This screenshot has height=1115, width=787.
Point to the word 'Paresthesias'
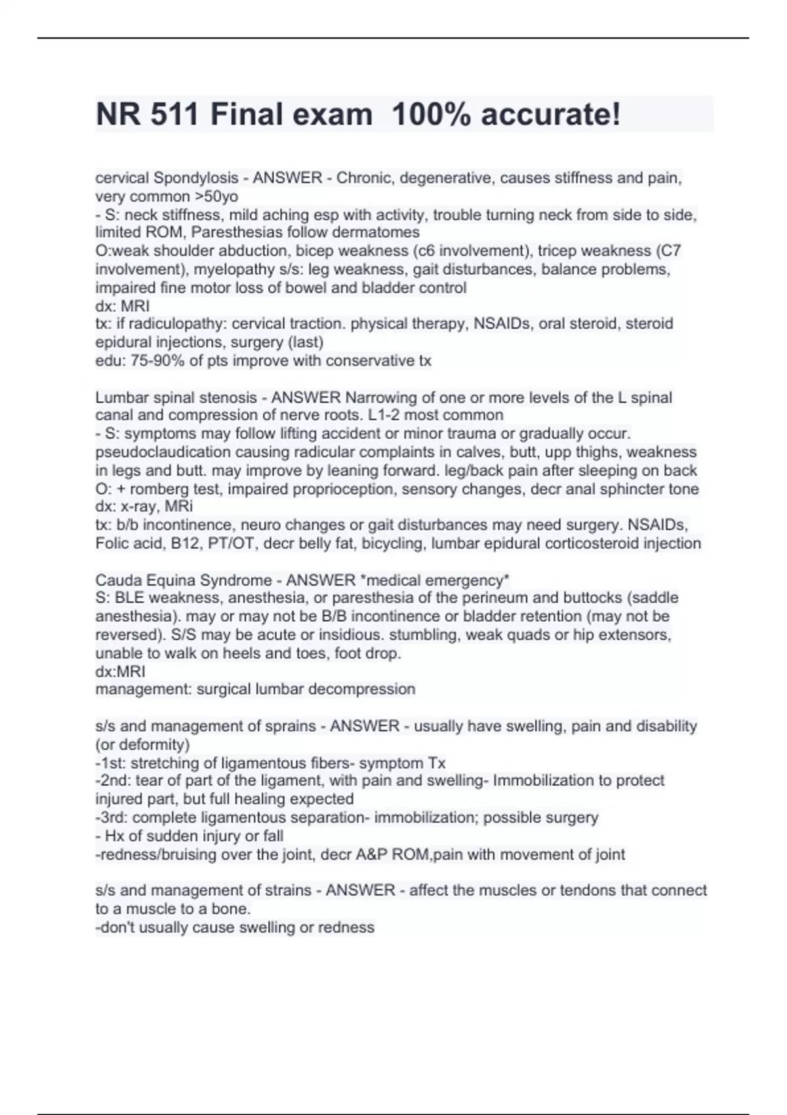click(233, 232)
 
